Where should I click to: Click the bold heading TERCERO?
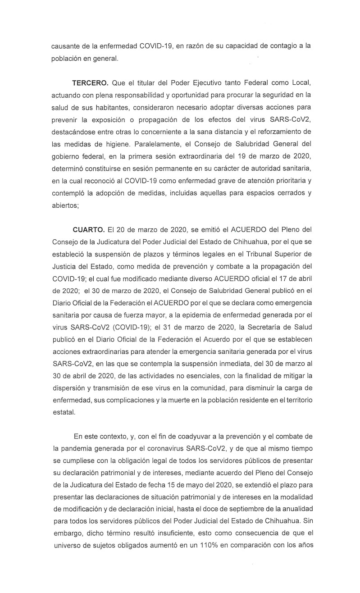[x=89, y=84]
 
